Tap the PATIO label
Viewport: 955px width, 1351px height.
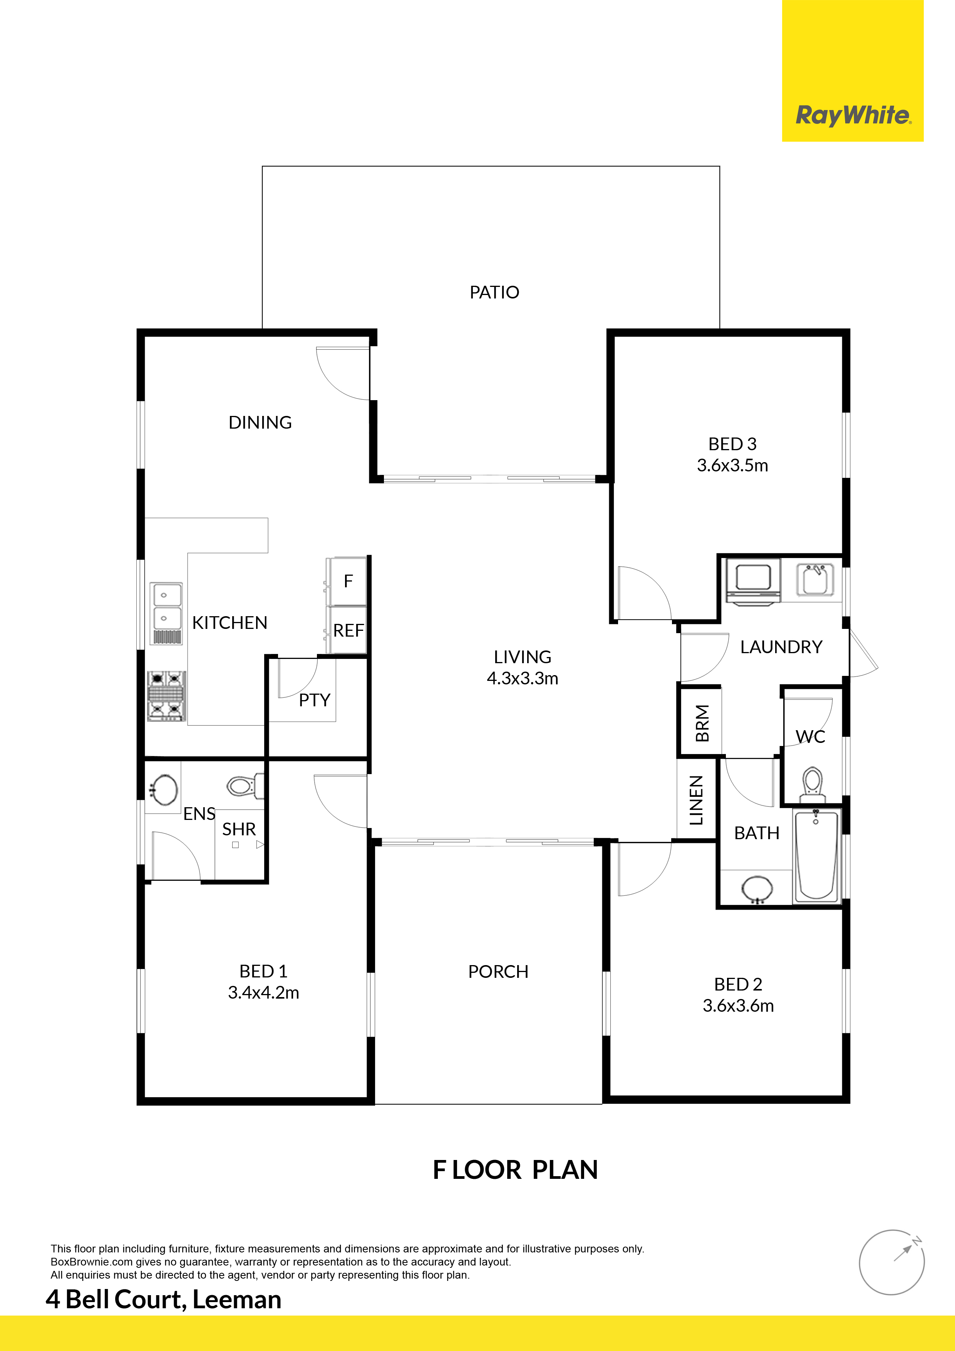[494, 292]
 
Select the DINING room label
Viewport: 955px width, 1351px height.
[260, 422]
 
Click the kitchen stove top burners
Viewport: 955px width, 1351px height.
[166, 696]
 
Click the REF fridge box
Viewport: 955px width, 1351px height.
[347, 630]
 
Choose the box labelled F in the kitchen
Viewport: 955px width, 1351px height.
[347, 582]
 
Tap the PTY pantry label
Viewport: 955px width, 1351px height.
[314, 700]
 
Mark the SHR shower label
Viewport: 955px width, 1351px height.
[239, 829]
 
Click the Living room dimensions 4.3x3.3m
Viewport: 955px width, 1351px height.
[523, 679]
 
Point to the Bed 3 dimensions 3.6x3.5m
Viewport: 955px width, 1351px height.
[732, 466]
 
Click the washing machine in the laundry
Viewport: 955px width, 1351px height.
[753, 581]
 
